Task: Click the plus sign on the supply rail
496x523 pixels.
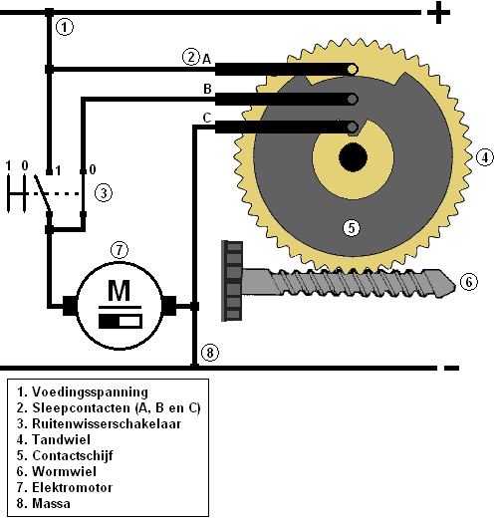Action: click(x=438, y=13)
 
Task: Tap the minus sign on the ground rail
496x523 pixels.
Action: click(x=451, y=368)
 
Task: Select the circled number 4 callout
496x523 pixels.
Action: click(x=485, y=157)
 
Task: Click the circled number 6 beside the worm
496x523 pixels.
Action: click(x=469, y=282)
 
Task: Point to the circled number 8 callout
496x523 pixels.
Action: click(x=210, y=353)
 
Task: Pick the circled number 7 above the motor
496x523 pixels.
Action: click(x=120, y=250)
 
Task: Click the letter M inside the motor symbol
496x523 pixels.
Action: click(x=120, y=290)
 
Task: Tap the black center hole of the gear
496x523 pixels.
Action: click(x=353, y=157)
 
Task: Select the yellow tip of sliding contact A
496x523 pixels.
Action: click(x=353, y=70)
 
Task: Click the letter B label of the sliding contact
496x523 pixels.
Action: click(x=207, y=89)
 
